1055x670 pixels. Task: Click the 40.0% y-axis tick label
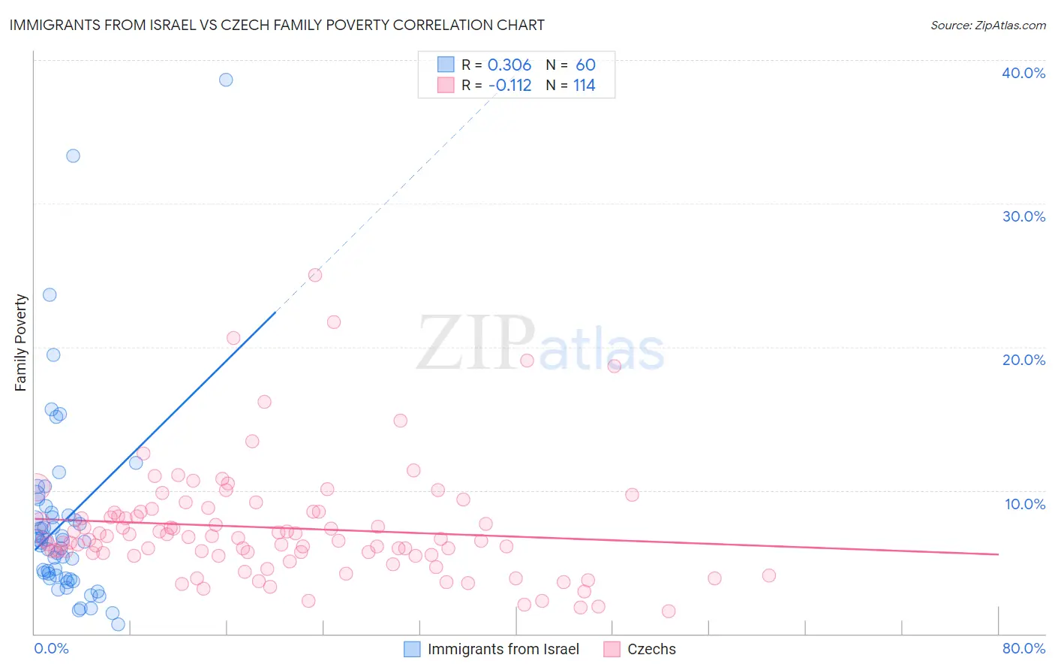(x=1023, y=73)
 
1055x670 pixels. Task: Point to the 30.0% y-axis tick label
(x=1023, y=216)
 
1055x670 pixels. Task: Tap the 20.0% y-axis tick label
(x=1023, y=360)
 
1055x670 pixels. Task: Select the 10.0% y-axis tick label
(x=1025, y=504)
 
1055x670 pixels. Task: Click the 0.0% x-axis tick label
(x=51, y=648)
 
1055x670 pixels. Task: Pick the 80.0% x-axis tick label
(x=1023, y=648)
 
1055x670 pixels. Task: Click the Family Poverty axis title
(x=20, y=343)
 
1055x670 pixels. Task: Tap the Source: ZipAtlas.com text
(x=987, y=26)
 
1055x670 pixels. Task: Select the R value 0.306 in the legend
(x=509, y=65)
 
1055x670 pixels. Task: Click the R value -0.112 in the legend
(x=509, y=86)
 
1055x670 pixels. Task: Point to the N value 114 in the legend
(x=584, y=86)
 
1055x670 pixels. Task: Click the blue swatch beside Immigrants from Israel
(x=412, y=649)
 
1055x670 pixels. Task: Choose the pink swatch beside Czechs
(x=612, y=649)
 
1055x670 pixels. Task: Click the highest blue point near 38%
(x=226, y=80)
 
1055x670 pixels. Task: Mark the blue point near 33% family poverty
(x=73, y=155)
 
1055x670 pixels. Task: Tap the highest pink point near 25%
(x=315, y=275)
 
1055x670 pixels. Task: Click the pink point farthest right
(x=768, y=575)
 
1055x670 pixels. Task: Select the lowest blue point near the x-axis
(x=118, y=624)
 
